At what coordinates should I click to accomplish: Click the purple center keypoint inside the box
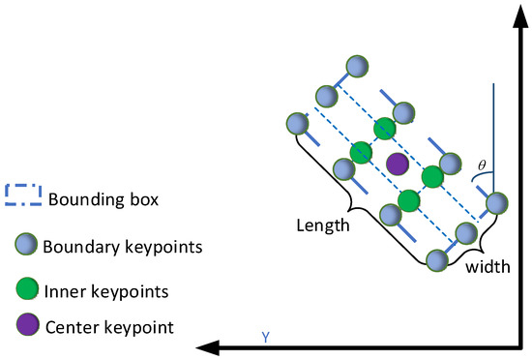coord(397,164)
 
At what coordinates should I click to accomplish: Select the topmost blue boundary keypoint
coord(357,66)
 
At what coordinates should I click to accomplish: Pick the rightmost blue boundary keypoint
coord(496,203)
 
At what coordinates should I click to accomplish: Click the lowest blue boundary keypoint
coord(437,259)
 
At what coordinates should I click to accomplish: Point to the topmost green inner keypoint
coord(385,127)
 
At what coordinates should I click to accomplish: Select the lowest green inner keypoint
coord(408,200)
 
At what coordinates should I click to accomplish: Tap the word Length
coord(324,225)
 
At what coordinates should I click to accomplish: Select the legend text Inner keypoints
coord(108,289)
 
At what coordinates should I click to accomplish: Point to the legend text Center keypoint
coord(110,327)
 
